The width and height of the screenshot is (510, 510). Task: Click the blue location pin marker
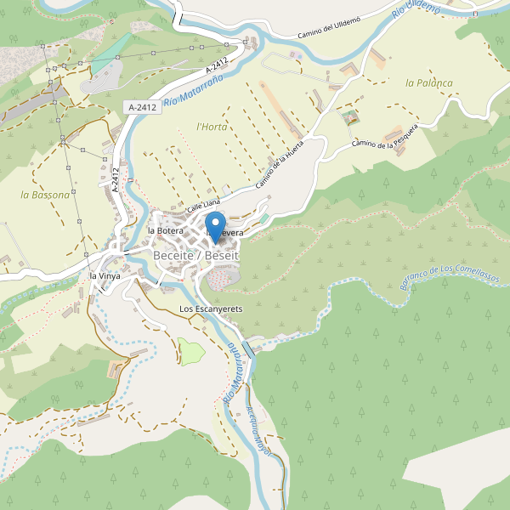tap(215, 225)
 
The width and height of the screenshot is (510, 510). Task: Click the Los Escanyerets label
tap(211, 308)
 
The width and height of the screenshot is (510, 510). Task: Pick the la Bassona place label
tap(45, 195)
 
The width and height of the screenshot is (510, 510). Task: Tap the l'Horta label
tap(212, 127)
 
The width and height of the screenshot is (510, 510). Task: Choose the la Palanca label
tap(428, 83)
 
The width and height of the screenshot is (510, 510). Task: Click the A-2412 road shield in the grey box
tap(141, 107)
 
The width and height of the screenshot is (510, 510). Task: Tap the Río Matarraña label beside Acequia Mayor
tap(229, 374)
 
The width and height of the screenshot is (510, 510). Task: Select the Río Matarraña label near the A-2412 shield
tap(193, 88)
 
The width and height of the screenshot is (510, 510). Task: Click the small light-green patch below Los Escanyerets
tap(191, 352)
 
